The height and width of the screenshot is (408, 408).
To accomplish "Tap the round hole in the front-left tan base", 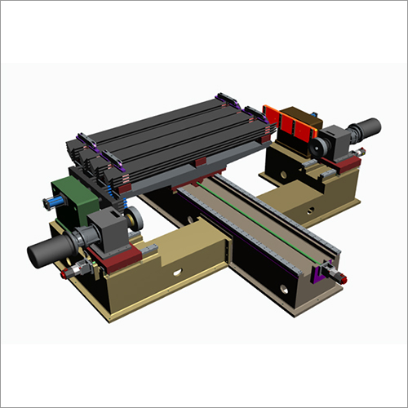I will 174,272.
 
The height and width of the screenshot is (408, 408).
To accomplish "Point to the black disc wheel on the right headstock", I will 313,147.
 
